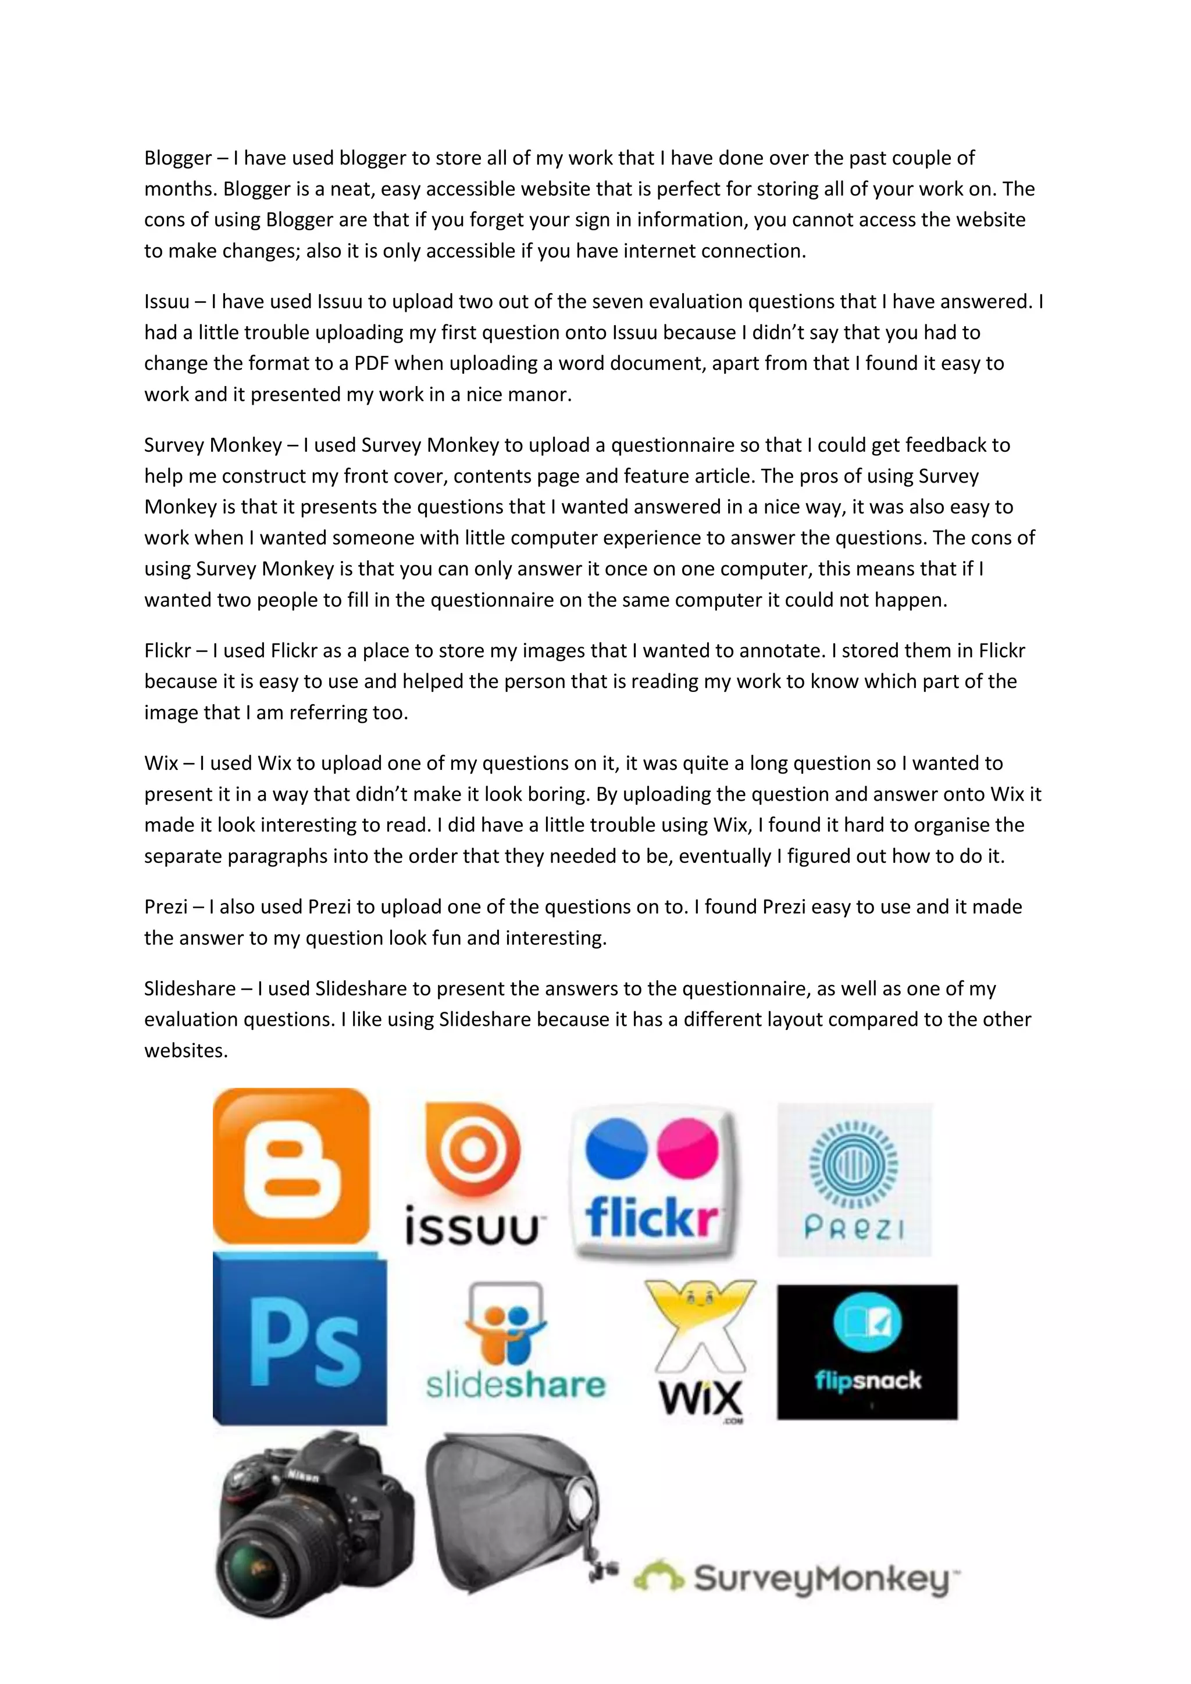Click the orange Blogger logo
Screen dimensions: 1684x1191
[291, 1167]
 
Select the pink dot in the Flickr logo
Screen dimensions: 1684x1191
[687, 1148]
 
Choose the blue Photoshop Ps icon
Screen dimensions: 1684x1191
[299, 1339]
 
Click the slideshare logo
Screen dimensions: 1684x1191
[516, 1342]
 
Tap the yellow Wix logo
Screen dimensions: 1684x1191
[700, 1350]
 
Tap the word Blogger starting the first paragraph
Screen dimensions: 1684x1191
[177, 158]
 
